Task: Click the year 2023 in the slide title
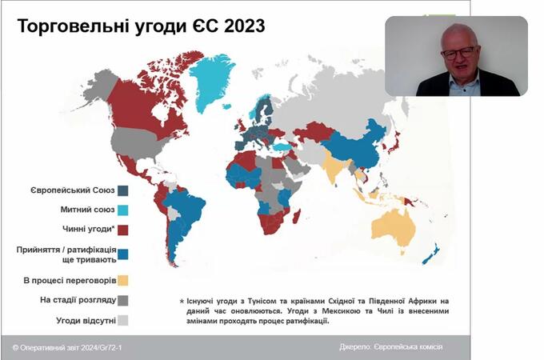pyautogui.click(x=244, y=26)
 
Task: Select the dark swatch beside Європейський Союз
pyautogui.click(x=123, y=190)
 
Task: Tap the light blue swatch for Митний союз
pyautogui.click(x=123, y=210)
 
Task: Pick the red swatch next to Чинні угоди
pyautogui.click(x=123, y=230)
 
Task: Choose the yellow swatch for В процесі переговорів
pyautogui.click(x=123, y=281)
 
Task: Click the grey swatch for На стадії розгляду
pyautogui.click(x=123, y=300)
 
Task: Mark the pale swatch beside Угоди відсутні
pyautogui.click(x=123, y=321)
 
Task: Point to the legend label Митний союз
pyautogui.click(x=87, y=210)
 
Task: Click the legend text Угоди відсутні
pyautogui.click(x=86, y=321)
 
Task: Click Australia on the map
pyautogui.click(x=394, y=230)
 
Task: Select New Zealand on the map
pyautogui.click(x=431, y=254)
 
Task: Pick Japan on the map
pyautogui.click(x=394, y=143)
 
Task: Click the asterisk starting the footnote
pyautogui.click(x=182, y=302)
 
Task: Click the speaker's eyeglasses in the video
pyautogui.click(x=458, y=53)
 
